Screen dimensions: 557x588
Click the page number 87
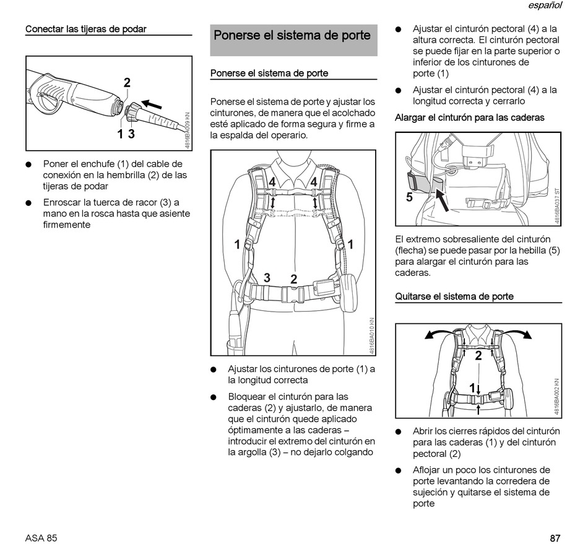[555, 538]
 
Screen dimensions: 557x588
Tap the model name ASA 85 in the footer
[41, 538]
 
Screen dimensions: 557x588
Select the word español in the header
[545, 6]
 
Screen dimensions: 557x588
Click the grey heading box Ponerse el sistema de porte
[293, 36]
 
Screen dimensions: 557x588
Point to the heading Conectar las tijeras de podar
[85, 29]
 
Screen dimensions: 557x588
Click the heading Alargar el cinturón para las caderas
[470, 117]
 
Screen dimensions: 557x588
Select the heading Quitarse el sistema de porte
[454, 296]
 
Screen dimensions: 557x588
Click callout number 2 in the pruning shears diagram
[127, 83]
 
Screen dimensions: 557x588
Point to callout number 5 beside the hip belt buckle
[409, 197]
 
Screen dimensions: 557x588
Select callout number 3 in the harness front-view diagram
[267, 278]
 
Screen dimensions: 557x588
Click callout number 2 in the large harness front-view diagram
[293, 279]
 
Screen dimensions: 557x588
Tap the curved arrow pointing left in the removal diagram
[438, 334]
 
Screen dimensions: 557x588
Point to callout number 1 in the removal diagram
[472, 388]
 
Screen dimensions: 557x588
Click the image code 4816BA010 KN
[372, 335]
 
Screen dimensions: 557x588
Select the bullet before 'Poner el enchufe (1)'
[28, 164]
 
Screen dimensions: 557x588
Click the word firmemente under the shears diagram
[67, 225]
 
